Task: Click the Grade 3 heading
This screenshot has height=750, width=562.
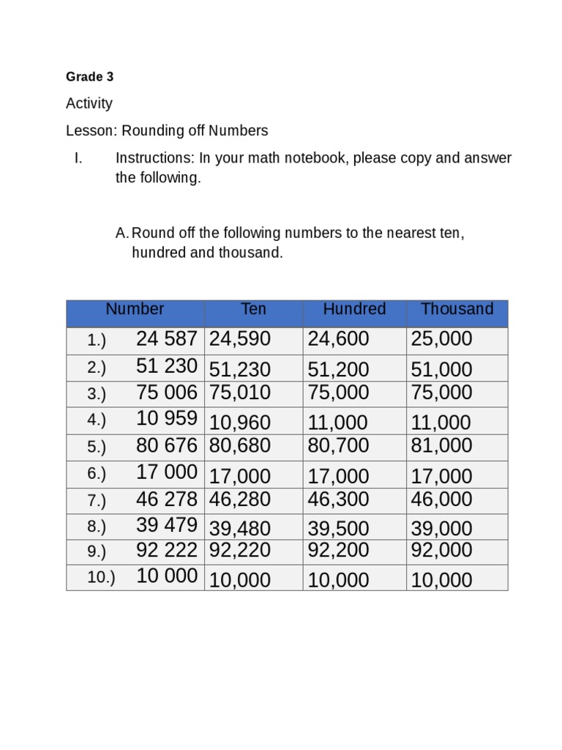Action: [x=89, y=77]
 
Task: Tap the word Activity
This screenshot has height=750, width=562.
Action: [x=89, y=103]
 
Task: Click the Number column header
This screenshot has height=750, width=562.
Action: [x=135, y=309]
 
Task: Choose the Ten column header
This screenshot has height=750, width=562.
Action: [x=253, y=309]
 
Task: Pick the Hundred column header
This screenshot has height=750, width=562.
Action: [x=354, y=309]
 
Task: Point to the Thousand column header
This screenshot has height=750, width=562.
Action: [x=457, y=309]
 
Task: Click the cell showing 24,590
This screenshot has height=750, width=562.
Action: [x=240, y=339]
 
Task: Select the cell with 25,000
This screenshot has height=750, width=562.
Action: [x=442, y=339]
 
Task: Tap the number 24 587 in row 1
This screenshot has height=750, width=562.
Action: [x=167, y=338]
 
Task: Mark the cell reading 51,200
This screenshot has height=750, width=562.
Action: [x=339, y=369]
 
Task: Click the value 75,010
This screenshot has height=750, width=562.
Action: [x=240, y=393]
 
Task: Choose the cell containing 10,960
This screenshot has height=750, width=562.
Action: [x=240, y=423]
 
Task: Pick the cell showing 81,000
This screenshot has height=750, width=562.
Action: [x=442, y=446]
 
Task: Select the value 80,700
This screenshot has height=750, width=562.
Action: [x=339, y=446]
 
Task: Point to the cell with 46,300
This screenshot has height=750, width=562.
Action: [x=339, y=500]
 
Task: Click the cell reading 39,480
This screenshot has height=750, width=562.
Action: [x=240, y=528]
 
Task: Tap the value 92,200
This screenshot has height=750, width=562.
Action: [x=339, y=550]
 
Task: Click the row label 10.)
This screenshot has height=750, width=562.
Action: [x=101, y=577]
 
